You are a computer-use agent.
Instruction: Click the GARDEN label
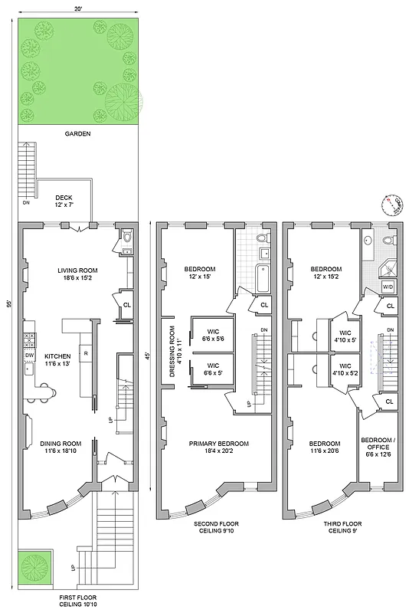(x=77, y=133)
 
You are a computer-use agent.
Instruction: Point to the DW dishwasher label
(x=30, y=356)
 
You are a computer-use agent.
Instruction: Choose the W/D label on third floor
(x=389, y=287)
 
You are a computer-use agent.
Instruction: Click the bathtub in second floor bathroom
(x=262, y=277)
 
